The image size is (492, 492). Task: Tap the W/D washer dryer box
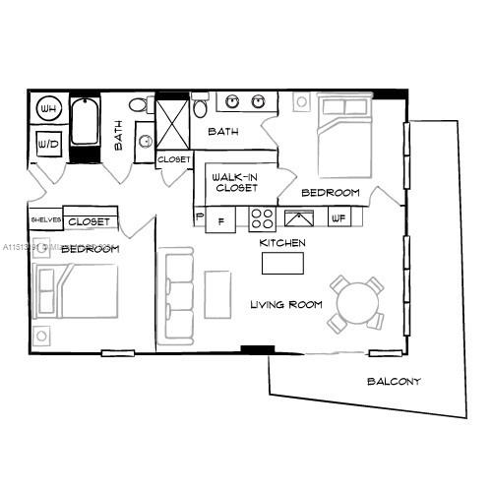click(x=47, y=144)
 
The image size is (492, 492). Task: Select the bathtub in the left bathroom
click(x=85, y=128)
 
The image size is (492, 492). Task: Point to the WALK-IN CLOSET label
click(x=235, y=182)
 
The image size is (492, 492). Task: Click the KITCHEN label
click(x=281, y=242)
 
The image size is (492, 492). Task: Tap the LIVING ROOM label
click(x=285, y=305)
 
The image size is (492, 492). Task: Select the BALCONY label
click(x=394, y=382)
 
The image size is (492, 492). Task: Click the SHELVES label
click(x=46, y=220)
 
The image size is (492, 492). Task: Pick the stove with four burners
click(x=261, y=217)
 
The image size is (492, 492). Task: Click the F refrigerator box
click(x=220, y=220)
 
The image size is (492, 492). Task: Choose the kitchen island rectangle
click(x=283, y=263)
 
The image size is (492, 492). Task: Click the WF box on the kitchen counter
click(x=338, y=217)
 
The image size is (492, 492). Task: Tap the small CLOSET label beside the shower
click(x=173, y=158)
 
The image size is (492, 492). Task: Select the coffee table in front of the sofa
click(x=216, y=296)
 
